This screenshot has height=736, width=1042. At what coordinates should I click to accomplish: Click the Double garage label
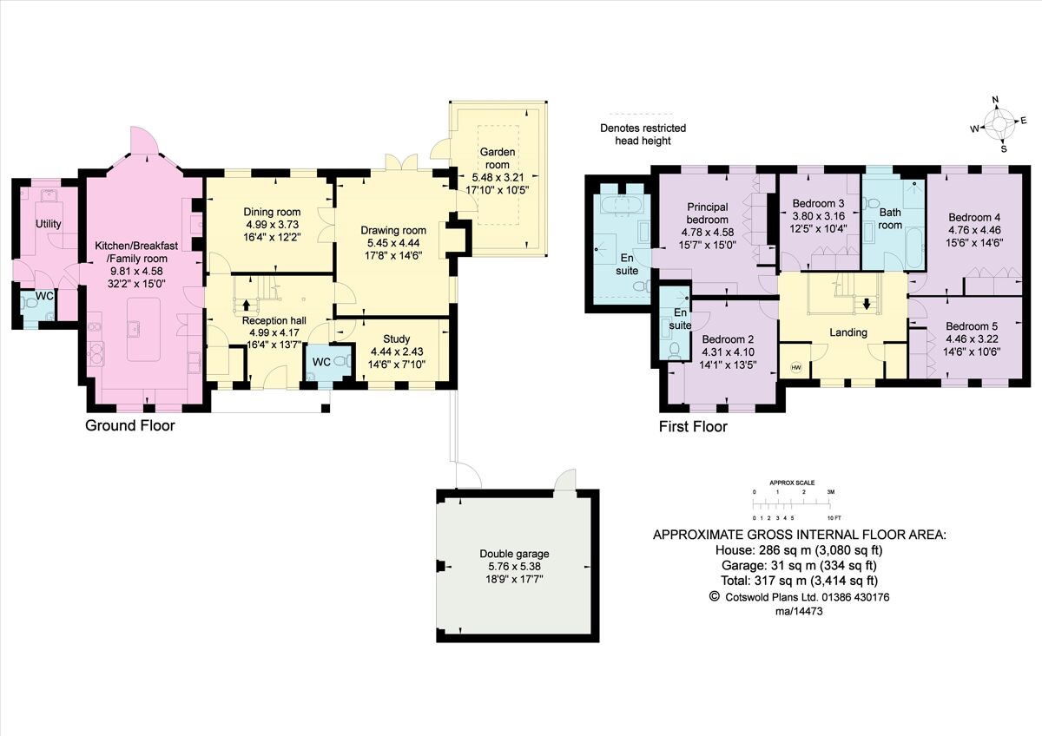(515, 554)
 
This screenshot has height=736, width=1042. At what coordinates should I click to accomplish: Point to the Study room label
(396, 338)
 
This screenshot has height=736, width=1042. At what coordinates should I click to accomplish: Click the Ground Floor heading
(129, 425)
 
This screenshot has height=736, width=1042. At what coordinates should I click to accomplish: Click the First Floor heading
(692, 426)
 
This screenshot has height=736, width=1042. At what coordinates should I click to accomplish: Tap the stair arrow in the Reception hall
(247, 305)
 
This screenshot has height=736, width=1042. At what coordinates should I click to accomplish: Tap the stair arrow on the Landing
(865, 304)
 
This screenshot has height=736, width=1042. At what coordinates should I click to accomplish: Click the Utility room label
(48, 224)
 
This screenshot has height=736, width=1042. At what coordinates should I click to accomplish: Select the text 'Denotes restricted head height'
(643, 135)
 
